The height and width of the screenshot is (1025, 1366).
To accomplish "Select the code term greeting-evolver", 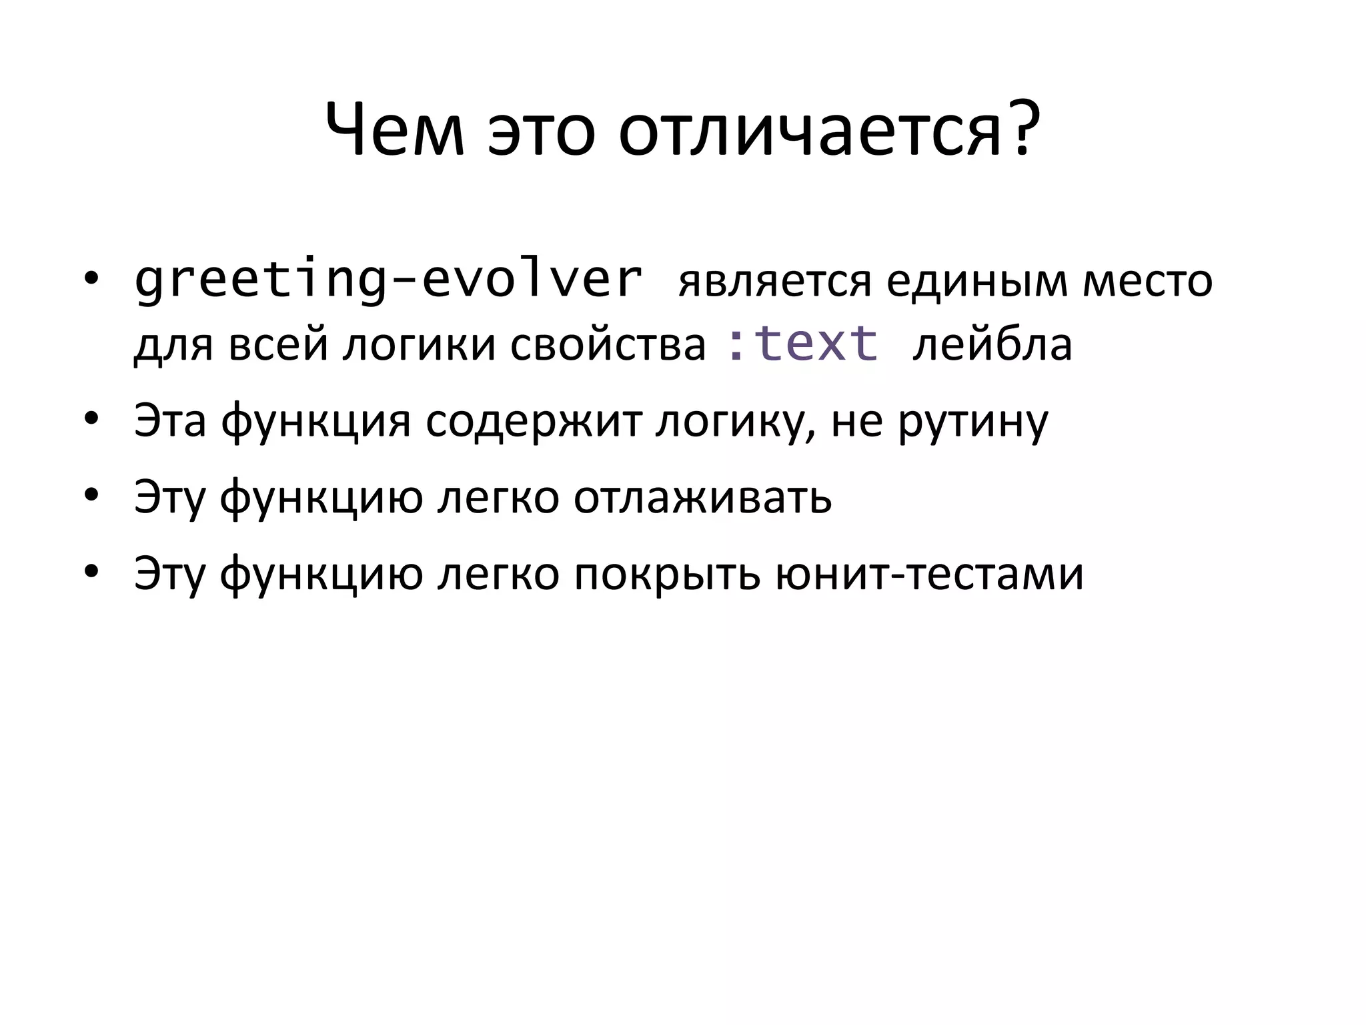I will (388, 280).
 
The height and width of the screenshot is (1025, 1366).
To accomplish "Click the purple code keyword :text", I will (802, 344).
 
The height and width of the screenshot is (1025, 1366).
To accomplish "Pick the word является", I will (774, 282).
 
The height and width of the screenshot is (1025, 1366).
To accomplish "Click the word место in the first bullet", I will (1147, 282).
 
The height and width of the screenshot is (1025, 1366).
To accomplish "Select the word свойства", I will (608, 345).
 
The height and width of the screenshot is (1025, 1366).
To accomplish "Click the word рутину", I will (973, 422).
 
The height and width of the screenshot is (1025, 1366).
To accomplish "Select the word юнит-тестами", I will (930, 573).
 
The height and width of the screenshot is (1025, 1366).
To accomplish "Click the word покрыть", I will (667, 573).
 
